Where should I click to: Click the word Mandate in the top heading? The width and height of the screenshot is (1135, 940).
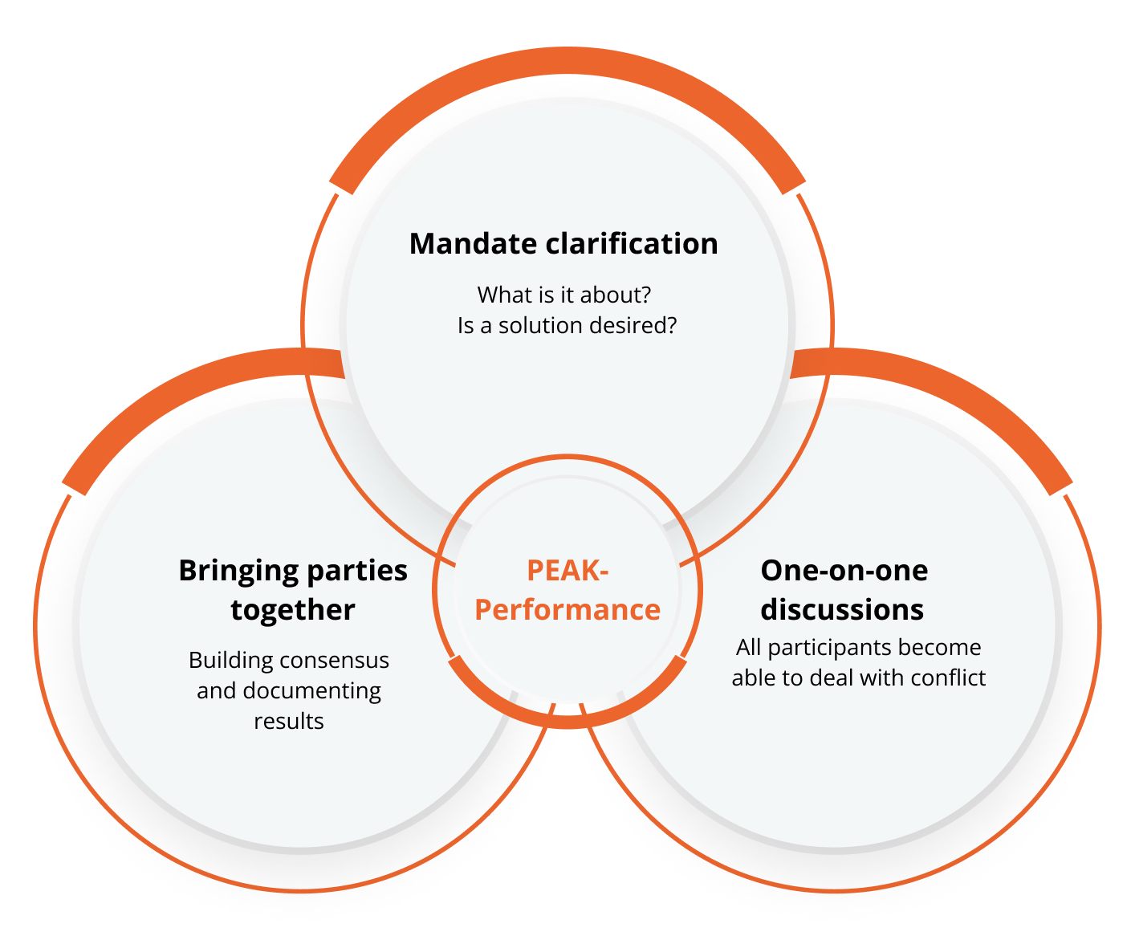coord(474,243)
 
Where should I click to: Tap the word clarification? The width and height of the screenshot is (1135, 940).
coord(632,243)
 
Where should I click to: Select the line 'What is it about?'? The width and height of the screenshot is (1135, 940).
coord(564,295)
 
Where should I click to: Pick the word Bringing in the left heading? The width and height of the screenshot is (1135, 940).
coord(238,572)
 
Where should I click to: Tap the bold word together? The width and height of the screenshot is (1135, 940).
coord(293,610)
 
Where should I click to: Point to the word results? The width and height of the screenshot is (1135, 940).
coord(289,722)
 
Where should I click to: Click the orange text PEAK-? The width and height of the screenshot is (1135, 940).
coord(567,571)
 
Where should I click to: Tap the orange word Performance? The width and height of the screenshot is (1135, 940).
coord(567,609)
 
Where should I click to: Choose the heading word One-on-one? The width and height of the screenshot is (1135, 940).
coord(844,571)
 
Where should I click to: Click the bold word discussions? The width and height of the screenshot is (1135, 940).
coord(842,610)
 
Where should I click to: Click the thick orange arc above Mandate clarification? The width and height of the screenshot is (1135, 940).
coord(567,60)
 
